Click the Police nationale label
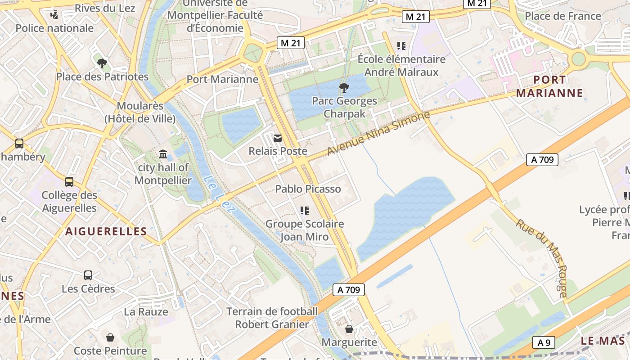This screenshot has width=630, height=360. pyautogui.click(x=54, y=28)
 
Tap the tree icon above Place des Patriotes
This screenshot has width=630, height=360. pyautogui.click(x=102, y=63)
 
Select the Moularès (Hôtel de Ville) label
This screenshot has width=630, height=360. pyautogui.click(x=139, y=112)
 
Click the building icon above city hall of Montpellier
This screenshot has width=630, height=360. pyautogui.click(x=163, y=155)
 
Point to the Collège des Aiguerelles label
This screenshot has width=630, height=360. pyautogui.click(x=69, y=202)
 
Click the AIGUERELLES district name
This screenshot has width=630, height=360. pyautogui.click(x=106, y=232)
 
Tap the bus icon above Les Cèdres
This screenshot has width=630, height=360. pyautogui.click(x=88, y=275)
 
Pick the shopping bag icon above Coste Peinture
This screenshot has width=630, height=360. pyautogui.click(x=110, y=337)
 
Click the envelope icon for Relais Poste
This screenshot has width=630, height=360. pyautogui.click(x=278, y=138)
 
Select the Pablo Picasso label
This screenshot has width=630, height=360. pyautogui.click(x=308, y=189)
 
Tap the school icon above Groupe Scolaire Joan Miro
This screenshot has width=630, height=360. pyautogui.click(x=304, y=211)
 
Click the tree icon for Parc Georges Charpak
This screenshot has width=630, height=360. pyautogui.click(x=344, y=87)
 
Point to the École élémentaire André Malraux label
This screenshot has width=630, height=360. pyautogui.click(x=401, y=66)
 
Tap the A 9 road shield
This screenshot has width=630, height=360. pyautogui.click(x=544, y=343)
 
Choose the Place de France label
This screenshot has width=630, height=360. pyautogui.click(x=563, y=16)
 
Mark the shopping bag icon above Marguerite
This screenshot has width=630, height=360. pyautogui.click(x=349, y=329)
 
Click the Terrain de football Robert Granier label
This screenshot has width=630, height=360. pyautogui.click(x=272, y=318)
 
